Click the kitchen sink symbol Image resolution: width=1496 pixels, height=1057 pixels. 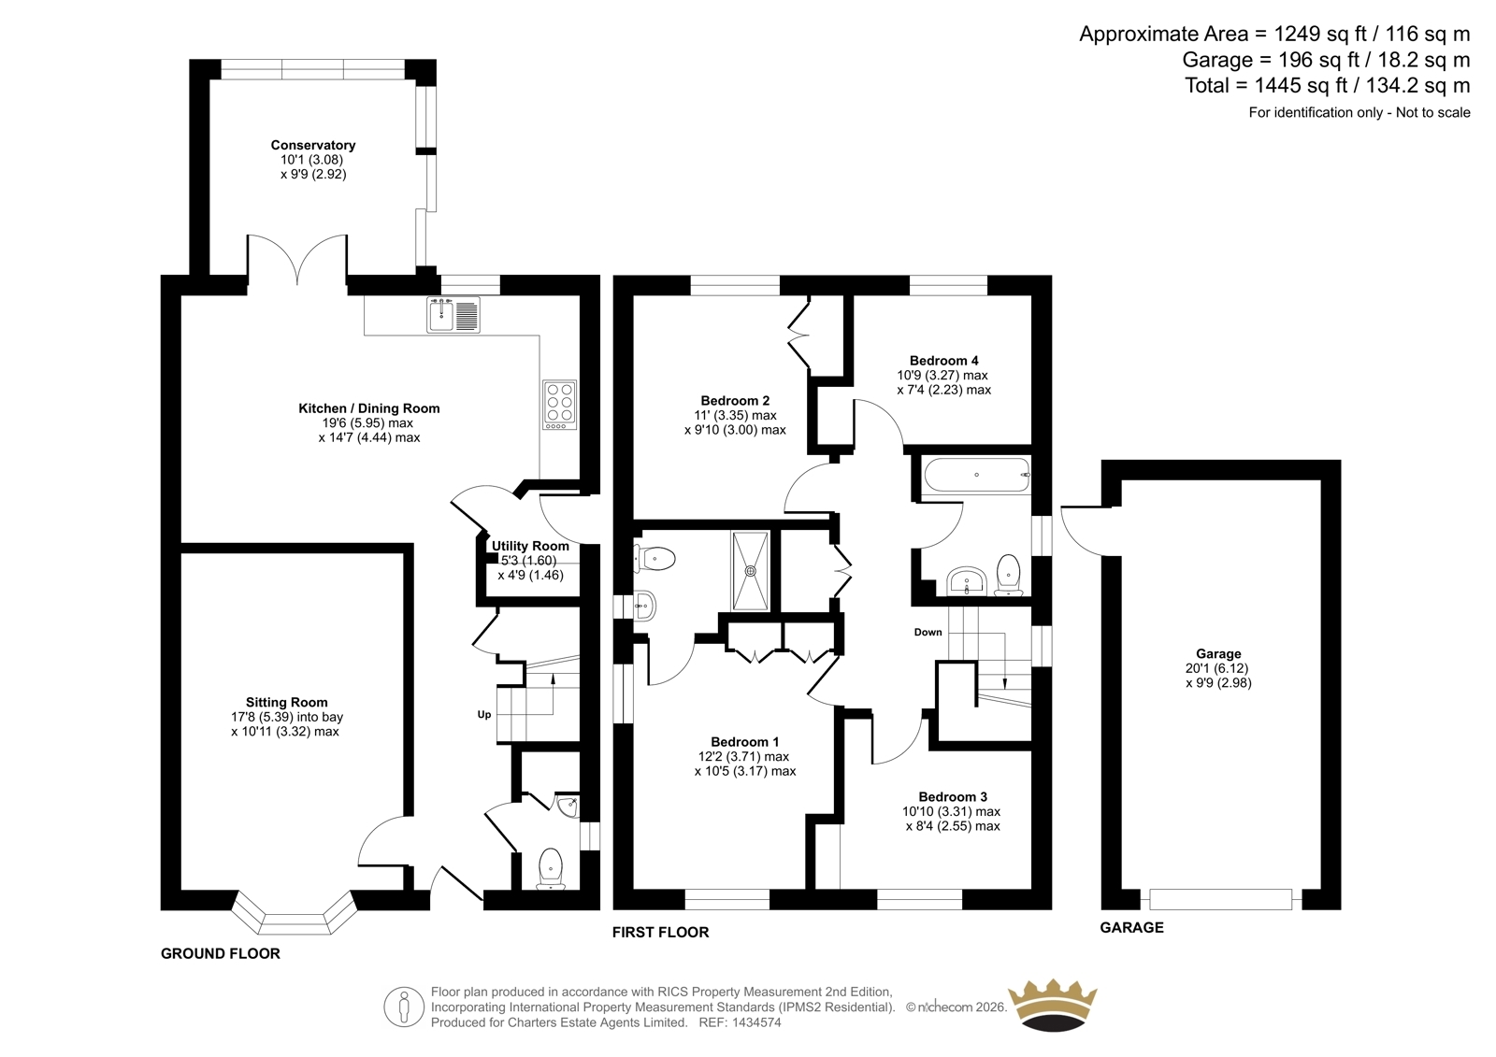(x=453, y=315)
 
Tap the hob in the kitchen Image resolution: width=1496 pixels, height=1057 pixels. (x=560, y=405)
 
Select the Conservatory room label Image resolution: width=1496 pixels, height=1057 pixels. (x=312, y=145)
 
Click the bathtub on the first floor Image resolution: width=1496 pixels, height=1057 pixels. (x=976, y=475)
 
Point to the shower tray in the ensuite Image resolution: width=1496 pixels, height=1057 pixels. (x=751, y=571)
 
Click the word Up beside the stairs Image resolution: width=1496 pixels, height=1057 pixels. (x=484, y=714)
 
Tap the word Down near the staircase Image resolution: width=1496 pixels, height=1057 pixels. (x=928, y=632)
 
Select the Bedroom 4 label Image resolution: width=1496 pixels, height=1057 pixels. (x=943, y=361)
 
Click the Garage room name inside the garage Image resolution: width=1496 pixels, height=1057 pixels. (x=1218, y=653)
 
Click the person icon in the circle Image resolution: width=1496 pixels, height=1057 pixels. (x=403, y=1007)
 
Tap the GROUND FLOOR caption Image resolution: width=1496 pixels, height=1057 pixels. (x=221, y=953)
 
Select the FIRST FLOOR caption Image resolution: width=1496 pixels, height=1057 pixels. (x=660, y=932)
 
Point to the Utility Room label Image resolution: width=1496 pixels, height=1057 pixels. (x=530, y=546)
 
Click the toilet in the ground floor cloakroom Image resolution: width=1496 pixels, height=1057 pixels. (x=551, y=869)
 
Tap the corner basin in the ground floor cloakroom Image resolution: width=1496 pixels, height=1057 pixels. (x=568, y=807)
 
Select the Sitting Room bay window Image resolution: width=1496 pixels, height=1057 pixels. (x=295, y=912)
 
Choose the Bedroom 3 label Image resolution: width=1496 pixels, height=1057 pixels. (x=953, y=796)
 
